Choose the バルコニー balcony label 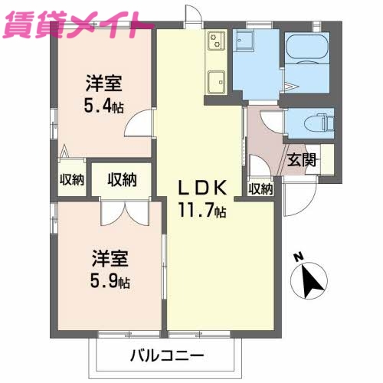tap(166, 357)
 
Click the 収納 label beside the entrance tap(260, 188)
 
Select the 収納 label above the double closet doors tap(122, 180)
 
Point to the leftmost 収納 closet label tap(72, 181)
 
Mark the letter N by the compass tap(299, 258)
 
